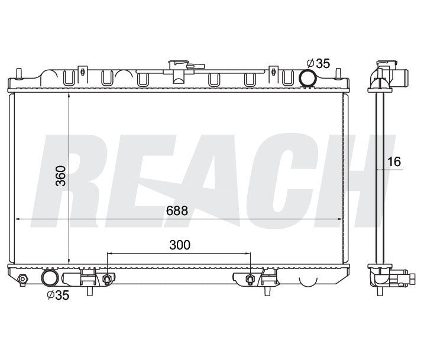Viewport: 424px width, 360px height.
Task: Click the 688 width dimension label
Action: point(177,210)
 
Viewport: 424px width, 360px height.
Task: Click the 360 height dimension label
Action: point(60,176)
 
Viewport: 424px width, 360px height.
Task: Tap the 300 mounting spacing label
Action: point(180,245)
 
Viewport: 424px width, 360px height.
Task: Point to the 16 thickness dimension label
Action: point(394,161)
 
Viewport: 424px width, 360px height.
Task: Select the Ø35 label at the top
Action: point(319,63)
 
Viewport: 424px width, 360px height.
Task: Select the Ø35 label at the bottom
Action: point(58,295)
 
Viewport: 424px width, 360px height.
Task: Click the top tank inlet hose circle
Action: point(307,77)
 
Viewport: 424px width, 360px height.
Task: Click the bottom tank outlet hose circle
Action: point(50,278)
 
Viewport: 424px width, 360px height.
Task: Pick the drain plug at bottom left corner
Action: point(22,279)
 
